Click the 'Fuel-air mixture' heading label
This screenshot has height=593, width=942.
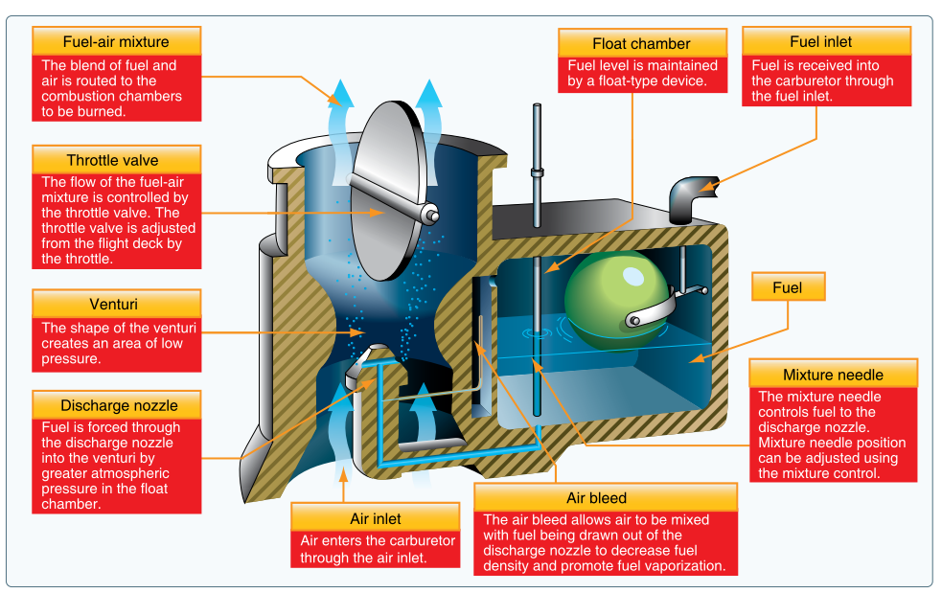pos(116,42)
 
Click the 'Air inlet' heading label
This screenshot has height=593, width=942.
pos(373,518)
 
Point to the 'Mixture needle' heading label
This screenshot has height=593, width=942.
pos(833,375)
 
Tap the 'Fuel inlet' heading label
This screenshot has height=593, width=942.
pos(820,42)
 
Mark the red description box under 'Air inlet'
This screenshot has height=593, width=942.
pos(374,550)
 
